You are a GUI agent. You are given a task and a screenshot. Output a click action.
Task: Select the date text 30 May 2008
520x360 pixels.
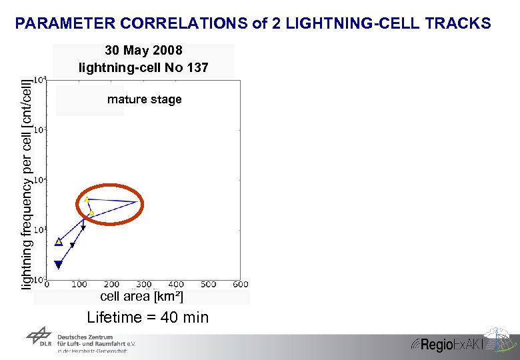(143, 51)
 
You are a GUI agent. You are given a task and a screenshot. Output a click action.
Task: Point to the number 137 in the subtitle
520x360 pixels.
(197, 67)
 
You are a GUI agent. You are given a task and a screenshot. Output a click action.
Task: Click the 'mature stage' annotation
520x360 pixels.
(144, 100)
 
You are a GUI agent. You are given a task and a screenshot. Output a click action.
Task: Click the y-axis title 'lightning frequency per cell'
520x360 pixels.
(27, 184)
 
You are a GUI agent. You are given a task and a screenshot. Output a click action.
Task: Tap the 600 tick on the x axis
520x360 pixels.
(240, 285)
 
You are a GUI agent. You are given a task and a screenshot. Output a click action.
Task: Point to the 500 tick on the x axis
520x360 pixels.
(208, 285)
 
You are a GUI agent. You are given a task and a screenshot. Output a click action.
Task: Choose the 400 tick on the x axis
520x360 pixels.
(176, 285)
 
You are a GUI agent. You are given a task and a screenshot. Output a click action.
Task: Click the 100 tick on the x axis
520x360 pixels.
(79, 285)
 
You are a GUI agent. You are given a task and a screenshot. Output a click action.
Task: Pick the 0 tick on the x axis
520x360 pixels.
(46, 285)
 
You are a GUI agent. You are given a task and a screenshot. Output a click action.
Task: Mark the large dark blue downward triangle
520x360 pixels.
(59, 265)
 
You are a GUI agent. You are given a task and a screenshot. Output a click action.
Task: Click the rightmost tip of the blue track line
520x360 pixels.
(138, 201)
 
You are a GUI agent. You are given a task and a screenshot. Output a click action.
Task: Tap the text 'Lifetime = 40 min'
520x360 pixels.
(148, 318)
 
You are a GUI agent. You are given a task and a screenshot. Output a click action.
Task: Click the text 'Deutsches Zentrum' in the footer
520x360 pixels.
(85, 337)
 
